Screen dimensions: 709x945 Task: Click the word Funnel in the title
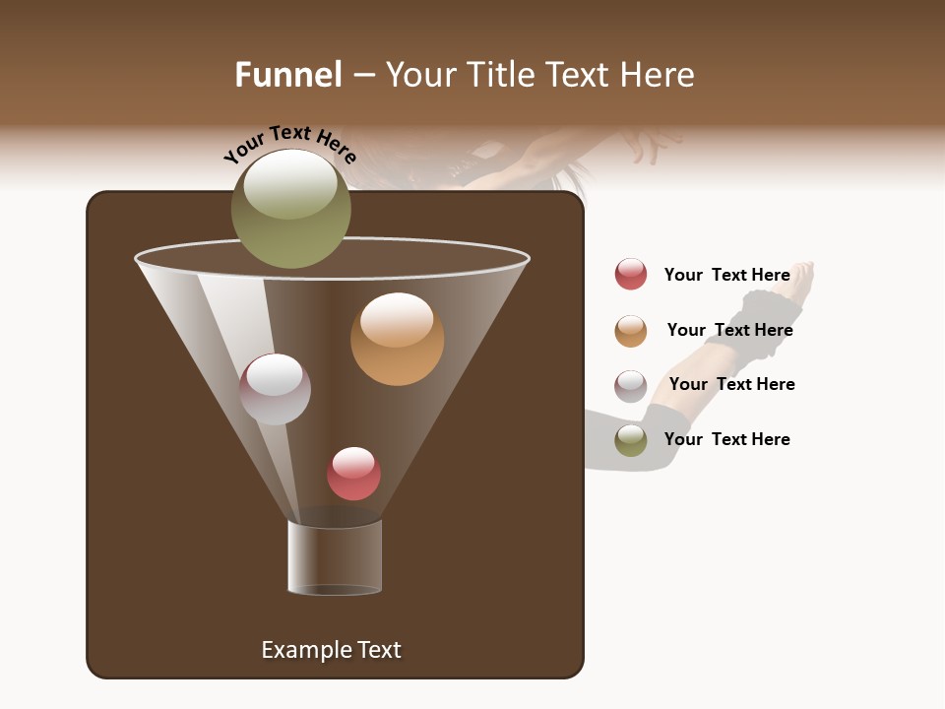click(288, 75)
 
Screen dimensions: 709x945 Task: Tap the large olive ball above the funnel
click(290, 209)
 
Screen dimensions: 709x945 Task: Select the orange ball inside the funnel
click(397, 339)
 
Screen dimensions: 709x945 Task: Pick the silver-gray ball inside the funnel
click(275, 389)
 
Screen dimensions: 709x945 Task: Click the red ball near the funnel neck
click(353, 474)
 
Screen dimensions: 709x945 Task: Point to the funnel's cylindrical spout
click(335, 557)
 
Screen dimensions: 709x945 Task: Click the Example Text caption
click(331, 650)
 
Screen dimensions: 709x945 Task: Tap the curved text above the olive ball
click(289, 144)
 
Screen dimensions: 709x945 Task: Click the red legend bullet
click(631, 274)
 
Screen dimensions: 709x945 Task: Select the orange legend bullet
click(631, 331)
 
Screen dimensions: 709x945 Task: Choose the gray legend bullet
click(631, 386)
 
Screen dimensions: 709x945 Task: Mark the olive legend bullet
click(631, 440)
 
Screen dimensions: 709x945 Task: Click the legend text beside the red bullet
click(726, 275)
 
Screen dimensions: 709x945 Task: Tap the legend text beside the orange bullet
click(729, 330)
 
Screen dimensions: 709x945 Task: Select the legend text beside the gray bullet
click(731, 384)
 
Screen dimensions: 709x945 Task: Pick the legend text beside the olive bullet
click(726, 439)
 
